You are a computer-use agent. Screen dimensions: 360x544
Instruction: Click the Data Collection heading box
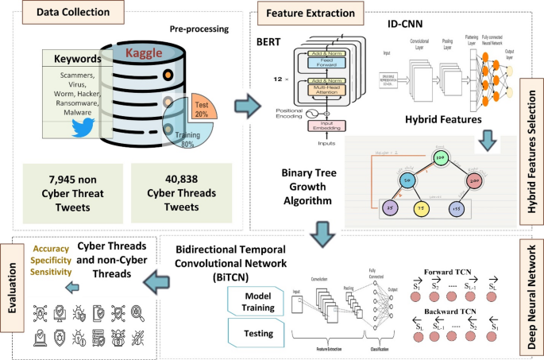63,14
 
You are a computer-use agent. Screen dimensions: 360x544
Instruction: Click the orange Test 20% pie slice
201,107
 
